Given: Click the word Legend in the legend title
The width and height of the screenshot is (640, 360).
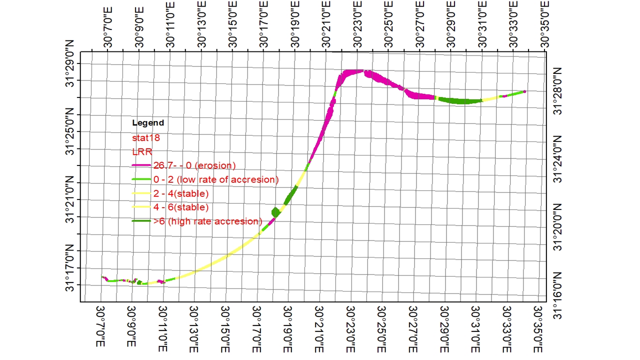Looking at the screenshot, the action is pos(148,123).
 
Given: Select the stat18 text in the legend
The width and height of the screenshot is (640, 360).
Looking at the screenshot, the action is pos(146,138).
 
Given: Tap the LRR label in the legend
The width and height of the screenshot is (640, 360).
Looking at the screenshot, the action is pos(142,151).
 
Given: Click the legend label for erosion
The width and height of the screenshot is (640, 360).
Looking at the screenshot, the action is pos(194,165).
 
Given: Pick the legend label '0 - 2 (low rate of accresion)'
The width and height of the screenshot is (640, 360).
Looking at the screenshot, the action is pos(216,179).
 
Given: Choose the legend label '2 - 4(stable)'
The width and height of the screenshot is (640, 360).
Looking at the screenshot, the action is pos(181,193).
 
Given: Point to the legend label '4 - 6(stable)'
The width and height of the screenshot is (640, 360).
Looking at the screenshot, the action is pos(181,207).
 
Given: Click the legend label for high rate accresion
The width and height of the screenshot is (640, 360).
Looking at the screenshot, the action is pos(207,221).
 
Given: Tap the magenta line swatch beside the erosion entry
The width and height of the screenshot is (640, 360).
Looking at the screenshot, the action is pos(141,165).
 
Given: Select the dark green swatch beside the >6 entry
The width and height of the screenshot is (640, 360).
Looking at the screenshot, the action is pos(141,221).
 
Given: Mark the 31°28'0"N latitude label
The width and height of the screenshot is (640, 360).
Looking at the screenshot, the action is pos(557,91).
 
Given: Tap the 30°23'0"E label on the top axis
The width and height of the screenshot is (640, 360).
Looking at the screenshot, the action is pos(357,24).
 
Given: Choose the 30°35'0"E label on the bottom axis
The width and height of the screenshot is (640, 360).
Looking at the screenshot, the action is pos(538,329).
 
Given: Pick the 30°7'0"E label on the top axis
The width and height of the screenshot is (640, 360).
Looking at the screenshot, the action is pos(107,27).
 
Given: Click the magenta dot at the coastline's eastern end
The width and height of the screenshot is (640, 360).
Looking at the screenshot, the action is pos(524,91).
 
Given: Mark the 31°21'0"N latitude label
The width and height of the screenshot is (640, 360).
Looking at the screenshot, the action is pos(69,199).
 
